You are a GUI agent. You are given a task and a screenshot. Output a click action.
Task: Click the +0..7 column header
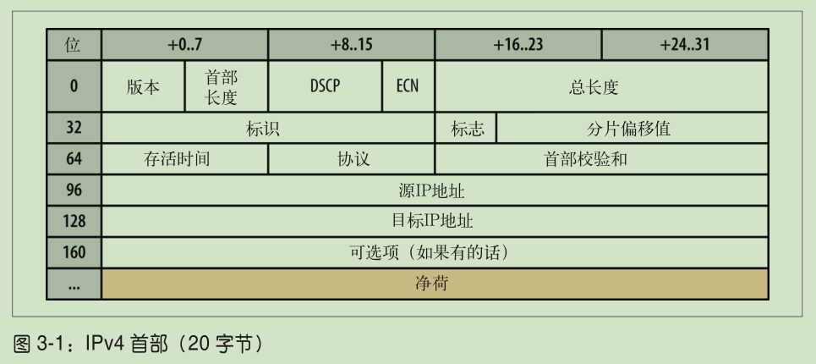(x=184, y=45)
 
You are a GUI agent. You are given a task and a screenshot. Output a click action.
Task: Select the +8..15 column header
(x=351, y=45)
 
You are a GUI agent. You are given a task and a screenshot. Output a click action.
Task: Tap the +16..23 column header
(x=518, y=45)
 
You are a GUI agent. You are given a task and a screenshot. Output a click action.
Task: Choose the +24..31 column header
(x=684, y=45)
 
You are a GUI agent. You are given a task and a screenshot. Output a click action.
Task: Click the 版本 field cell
(x=143, y=86)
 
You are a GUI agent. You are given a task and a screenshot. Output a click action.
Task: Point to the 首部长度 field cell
(x=226, y=86)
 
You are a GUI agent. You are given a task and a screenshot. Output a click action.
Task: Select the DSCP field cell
(x=325, y=86)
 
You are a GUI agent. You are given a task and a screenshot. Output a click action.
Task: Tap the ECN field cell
(x=408, y=86)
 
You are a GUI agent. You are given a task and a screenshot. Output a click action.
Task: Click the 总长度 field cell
(x=600, y=86)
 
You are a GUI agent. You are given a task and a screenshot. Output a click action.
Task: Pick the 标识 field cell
(x=267, y=129)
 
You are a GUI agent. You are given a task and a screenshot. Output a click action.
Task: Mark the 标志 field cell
(x=466, y=129)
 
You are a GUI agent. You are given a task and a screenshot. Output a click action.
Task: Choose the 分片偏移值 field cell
(x=631, y=129)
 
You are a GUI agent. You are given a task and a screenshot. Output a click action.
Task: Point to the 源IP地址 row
(x=434, y=190)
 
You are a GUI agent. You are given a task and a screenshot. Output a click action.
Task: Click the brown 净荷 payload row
(x=434, y=284)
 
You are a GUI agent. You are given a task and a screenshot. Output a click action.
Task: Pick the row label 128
(x=74, y=222)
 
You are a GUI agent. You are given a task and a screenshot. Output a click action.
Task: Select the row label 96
(x=74, y=190)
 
